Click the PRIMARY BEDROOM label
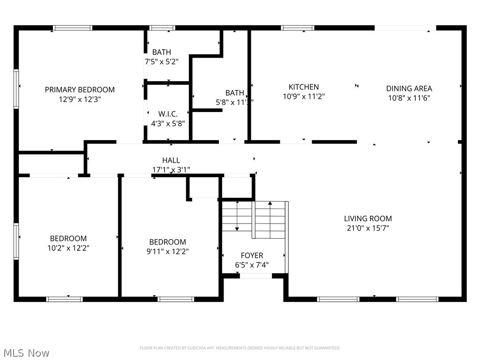80,90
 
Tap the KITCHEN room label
304,87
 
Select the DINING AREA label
409,88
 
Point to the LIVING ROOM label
368,218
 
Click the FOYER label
252,255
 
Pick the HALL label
171,160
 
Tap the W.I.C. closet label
168,114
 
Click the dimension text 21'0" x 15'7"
368,228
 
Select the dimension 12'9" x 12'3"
80,99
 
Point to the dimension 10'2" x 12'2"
68,248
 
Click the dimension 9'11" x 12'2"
168,251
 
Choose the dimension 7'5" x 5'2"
161,61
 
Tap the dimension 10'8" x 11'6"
409,98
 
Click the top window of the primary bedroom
73,28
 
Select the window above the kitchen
298,28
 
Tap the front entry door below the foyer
255,276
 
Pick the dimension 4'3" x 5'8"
168,124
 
